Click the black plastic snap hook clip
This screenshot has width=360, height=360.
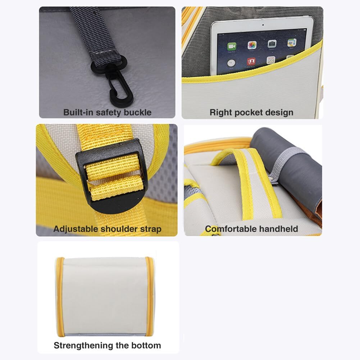[119, 85]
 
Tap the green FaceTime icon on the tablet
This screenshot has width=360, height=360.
[232, 46]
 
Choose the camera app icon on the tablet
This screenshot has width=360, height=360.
[272, 44]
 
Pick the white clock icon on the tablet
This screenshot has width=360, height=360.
[231, 63]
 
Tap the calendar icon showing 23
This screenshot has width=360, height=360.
[271, 60]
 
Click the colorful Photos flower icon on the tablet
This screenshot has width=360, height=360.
[252, 45]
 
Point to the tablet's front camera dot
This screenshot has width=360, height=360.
[263, 25]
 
